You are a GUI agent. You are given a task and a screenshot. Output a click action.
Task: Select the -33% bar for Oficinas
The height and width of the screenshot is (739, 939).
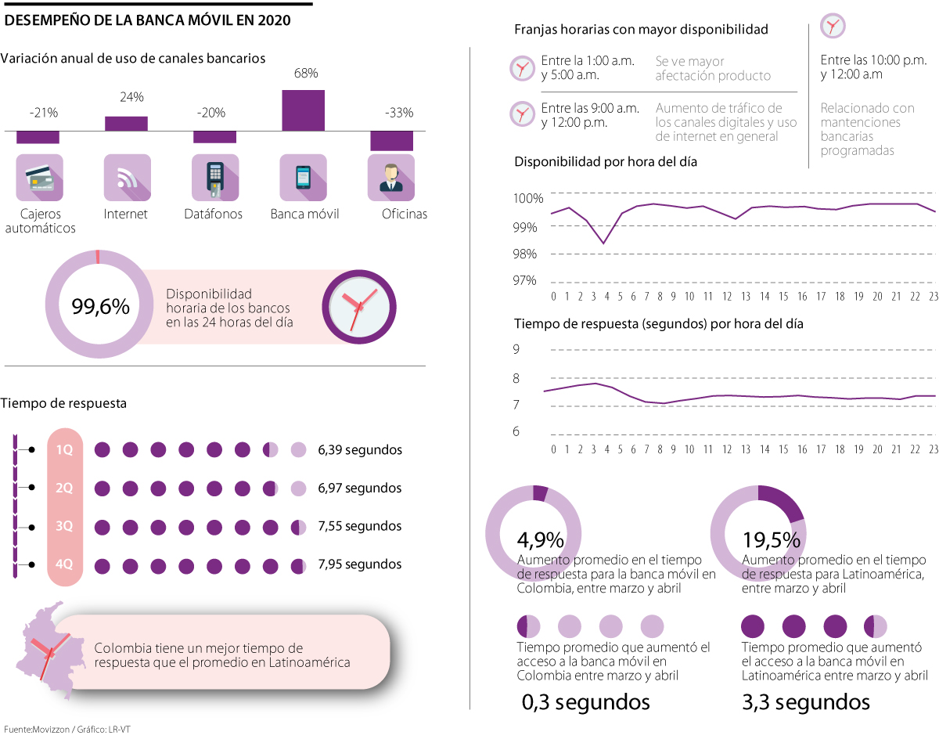[391, 140]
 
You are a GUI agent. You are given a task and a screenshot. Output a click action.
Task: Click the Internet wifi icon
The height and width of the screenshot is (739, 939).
[127, 178]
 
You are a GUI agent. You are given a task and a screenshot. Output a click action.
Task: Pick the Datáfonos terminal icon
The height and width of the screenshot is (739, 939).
[214, 178]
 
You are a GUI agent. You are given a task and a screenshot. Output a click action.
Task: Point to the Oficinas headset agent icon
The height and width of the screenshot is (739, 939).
[390, 178]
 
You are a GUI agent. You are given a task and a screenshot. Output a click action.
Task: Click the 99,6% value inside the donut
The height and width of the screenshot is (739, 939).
[100, 307]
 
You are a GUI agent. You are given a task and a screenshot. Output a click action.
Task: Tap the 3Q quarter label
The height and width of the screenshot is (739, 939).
[64, 526]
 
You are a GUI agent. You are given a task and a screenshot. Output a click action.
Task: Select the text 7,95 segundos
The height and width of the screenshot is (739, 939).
[360, 564]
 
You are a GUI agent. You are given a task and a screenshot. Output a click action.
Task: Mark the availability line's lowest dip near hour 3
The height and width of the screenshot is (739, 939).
[603, 243]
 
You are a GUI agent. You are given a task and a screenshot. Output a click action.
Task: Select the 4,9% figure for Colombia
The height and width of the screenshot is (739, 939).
[541, 540]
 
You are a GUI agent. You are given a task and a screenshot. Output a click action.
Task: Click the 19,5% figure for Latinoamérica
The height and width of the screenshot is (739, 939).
[771, 540]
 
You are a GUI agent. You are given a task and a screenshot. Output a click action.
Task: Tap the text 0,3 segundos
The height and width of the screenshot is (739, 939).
[585, 702]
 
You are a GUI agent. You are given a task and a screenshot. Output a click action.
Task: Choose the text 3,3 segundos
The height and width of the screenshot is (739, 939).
[806, 702]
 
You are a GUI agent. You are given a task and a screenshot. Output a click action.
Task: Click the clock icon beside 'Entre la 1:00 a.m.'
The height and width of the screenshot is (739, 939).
[521, 68]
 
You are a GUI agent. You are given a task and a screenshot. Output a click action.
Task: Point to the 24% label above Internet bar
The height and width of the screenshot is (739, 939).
[131, 97]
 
